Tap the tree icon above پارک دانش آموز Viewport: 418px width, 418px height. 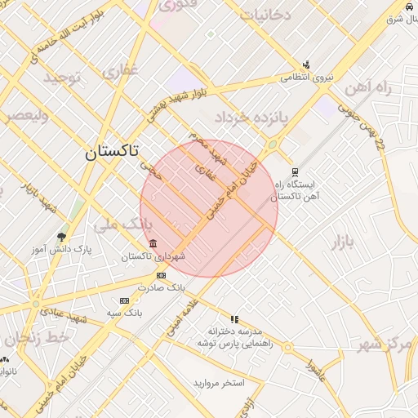point(61,238)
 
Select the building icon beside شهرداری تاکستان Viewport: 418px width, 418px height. point(153,244)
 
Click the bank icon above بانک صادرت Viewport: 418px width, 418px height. point(161,276)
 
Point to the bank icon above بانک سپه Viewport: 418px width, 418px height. point(124,300)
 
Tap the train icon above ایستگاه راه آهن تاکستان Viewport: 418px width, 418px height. point(294,172)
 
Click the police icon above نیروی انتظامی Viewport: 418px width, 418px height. point(306,64)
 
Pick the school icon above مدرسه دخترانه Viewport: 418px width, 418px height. point(235,319)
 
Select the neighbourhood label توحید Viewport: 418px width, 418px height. point(64,78)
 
